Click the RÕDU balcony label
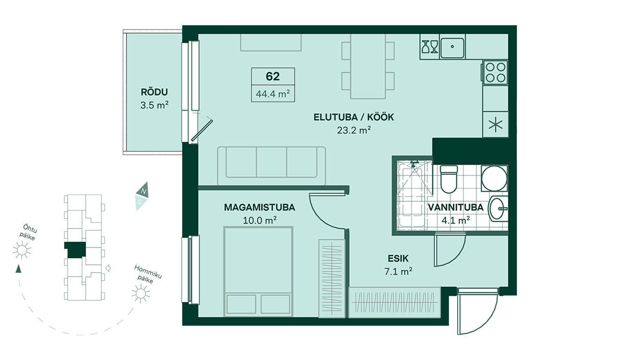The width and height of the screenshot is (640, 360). (x=154, y=92)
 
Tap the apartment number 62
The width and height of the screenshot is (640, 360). (x=273, y=76)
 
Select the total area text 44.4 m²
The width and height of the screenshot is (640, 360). (x=273, y=93)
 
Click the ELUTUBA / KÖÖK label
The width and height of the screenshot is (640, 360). (x=354, y=117)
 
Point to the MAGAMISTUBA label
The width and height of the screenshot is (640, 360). (x=260, y=207)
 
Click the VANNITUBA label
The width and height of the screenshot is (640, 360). (x=456, y=207)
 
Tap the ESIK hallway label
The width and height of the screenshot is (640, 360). (x=398, y=258)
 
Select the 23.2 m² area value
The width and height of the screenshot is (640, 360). (x=354, y=130)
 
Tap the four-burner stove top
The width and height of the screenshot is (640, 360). (x=495, y=73)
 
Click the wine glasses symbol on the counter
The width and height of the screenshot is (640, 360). (x=430, y=47)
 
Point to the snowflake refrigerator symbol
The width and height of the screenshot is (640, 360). (x=495, y=125)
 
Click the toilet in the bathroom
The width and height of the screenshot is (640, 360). (x=449, y=179)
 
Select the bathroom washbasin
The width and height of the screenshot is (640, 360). (x=499, y=209)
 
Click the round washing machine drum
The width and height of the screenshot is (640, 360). (x=494, y=179)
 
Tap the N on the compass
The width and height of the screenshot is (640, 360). (x=144, y=191)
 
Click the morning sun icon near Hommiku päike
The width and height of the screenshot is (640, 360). (x=141, y=293)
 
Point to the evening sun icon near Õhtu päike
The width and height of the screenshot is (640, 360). (x=22, y=250)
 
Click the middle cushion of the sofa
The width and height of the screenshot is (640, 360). (x=271, y=162)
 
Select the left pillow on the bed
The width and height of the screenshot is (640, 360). (x=241, y=304)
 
